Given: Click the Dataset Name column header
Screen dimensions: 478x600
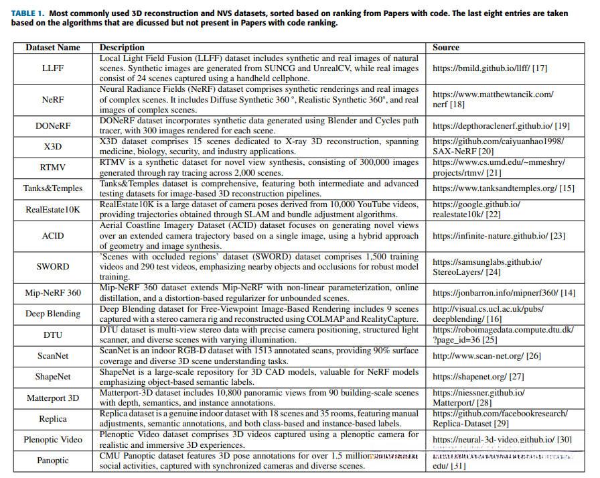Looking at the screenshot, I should (x=53, y=48).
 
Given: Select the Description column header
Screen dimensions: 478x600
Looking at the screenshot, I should (x=122, y=48).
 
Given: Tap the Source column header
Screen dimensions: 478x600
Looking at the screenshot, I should (x=446, y=48).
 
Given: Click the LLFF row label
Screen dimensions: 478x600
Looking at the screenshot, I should (x=53, y=68).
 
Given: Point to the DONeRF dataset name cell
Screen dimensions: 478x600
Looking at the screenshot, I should (x=53, y=125).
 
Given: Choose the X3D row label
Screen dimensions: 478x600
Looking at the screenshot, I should (x=53, y=146).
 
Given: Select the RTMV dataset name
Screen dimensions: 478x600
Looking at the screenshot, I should (x=53, y=167).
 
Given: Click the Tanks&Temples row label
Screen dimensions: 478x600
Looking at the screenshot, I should (x=53, y=188).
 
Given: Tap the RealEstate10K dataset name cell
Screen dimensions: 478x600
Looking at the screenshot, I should (x=53, y=209).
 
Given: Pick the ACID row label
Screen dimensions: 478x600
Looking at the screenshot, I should (x=53, y=235).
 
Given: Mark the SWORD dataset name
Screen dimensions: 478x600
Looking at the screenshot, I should (x=53, y=266).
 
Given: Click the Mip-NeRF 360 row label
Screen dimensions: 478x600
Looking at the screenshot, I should (x=53, y=292).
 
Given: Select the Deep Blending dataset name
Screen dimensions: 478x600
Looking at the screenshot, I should (x=53, y=314).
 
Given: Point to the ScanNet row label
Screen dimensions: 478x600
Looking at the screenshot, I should (x=53, y=355).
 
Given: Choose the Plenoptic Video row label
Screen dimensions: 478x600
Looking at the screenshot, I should (x=53, y=440).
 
